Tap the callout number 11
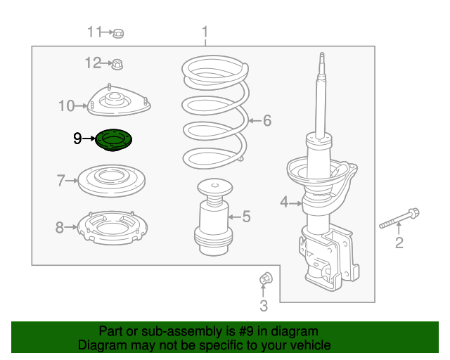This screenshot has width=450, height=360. click(95, 32)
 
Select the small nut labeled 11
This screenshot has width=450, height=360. click(119, 33)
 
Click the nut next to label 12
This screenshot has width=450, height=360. click(118, 65)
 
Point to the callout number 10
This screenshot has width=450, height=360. click(66, 106)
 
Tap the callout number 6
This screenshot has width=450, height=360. click(266, 121)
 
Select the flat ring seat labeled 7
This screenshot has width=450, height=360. click(111, 181)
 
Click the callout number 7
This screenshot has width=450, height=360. click(60, 181)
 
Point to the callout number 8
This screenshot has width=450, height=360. click(60, 227)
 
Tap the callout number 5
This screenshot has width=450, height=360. click(246, 217)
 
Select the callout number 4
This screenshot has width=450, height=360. click(284, 202)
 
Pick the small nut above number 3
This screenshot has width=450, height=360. click(265, 279)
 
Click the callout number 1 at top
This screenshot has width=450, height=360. click(205, 32)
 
